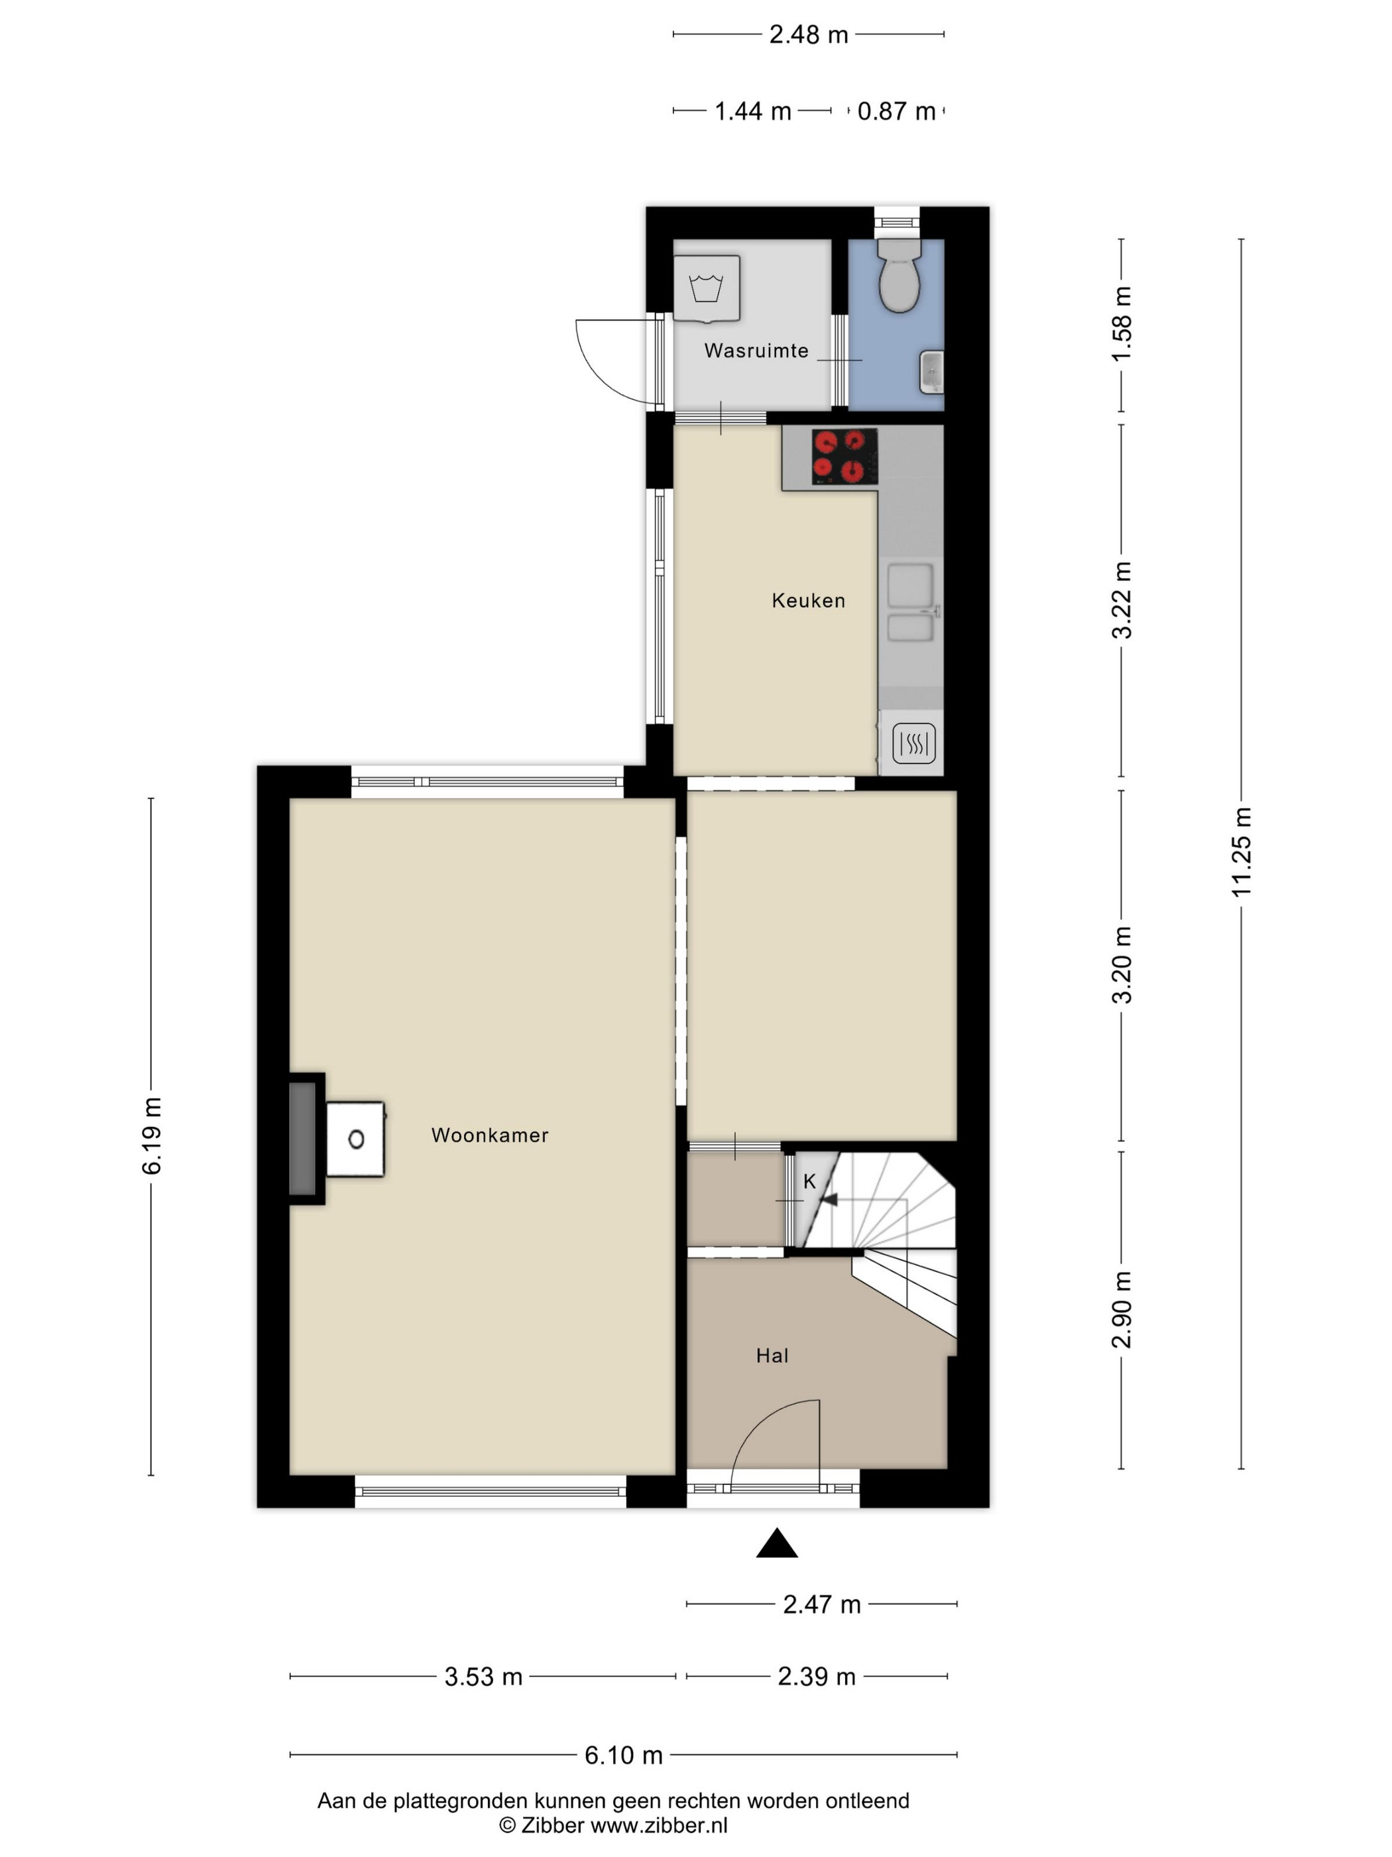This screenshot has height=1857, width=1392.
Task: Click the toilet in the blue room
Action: [x=898, y=275]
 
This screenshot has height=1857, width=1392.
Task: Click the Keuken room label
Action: [x=808, y=600]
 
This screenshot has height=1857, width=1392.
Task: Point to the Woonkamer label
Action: [x=490, y=1135]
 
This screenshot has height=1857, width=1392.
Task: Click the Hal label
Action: [x=772, y=1355]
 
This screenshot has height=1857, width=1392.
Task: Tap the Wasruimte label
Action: [x=756, y=351]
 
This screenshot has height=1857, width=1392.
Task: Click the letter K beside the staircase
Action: [x=810, y=1182]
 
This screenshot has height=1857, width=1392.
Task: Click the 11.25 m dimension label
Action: [x=1241, y=852]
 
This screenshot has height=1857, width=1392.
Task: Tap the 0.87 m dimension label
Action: [x=896, y=111]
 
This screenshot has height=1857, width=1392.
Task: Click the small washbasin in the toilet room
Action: [x=931, y=372]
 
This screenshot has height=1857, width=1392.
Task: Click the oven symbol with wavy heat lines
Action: [x=913, y=744]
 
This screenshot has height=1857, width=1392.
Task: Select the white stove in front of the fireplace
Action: [x=356, y=1139]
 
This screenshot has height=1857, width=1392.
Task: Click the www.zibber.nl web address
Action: [x=659, y=1825]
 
